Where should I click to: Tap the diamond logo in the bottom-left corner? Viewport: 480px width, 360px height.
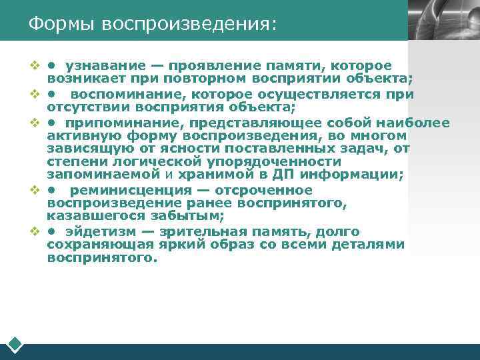(x=15, y=345)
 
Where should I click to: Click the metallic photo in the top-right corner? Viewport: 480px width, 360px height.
(x=443, y=20)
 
